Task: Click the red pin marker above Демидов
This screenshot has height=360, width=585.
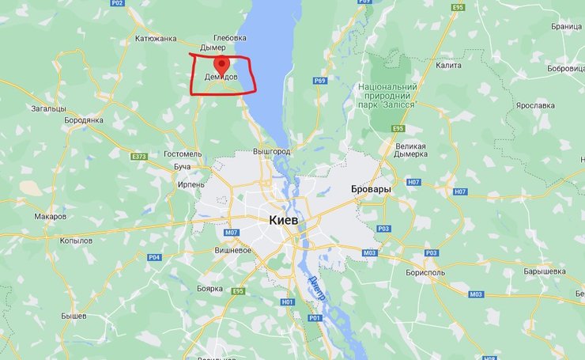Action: [222, 64]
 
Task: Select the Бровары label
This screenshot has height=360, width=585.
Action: [371, 191]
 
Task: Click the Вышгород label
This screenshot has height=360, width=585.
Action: [272, 151]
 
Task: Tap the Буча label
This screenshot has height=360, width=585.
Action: [183, 168]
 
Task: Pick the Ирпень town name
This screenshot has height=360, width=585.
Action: [191, 184]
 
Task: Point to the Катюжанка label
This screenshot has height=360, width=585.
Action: [157, 38]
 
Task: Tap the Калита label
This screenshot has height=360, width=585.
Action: [448, 66]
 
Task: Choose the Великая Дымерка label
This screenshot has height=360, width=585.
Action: [410, 150]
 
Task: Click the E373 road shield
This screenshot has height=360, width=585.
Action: [138, 157]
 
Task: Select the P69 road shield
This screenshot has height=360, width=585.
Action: [319, 81]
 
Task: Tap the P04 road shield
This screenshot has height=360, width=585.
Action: [153, 257]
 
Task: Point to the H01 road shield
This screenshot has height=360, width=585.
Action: [287, 302]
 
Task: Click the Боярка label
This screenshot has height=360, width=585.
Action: [209, 289]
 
